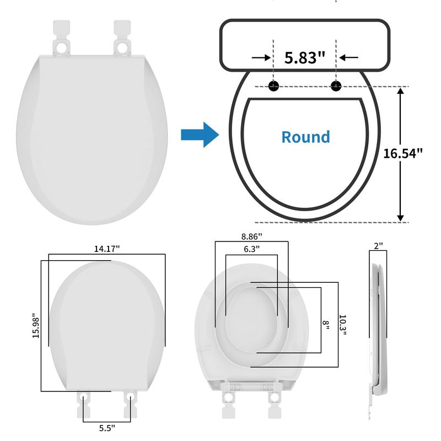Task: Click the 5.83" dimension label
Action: (x=305, y=58)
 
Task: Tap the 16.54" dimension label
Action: (x=403, y=154)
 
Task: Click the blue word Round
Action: (x=306, y=137)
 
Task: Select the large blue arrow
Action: (x=200, y=135)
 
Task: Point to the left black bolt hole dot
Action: (x=273, y=86)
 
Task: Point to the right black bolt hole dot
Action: (x=336, y=86)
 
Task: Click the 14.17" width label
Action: (x=107, y=249)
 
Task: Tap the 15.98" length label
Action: (x=36, y=325)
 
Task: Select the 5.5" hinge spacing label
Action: (x=107, y=428)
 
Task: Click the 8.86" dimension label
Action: (x=252, y=236)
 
